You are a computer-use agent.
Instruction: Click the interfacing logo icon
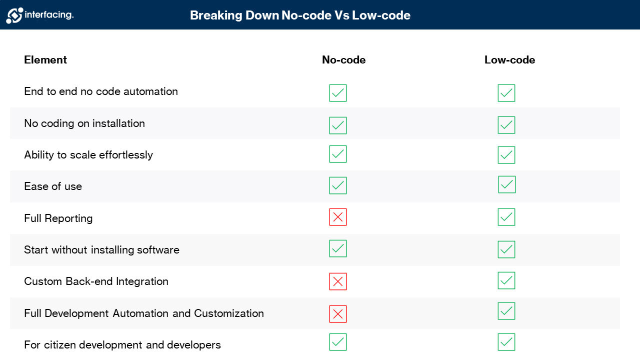14,15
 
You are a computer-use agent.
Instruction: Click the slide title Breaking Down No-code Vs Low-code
300,15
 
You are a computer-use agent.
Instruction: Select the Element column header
45,60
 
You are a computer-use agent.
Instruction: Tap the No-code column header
343,60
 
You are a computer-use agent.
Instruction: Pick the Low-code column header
509,60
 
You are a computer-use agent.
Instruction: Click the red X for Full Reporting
338,217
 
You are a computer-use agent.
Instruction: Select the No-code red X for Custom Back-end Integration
338,281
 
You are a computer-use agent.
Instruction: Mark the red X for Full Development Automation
338,314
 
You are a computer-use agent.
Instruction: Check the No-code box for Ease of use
338,185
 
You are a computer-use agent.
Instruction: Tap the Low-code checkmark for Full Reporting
506,217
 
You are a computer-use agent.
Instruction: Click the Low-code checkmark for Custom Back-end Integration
506,280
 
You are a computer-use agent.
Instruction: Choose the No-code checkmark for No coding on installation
338,125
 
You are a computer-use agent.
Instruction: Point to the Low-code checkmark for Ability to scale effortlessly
506,155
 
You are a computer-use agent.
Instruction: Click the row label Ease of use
53,186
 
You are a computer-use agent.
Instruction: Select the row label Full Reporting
58,218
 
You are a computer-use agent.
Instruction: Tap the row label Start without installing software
101,250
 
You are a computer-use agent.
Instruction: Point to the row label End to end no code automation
101,91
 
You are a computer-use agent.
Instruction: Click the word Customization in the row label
229,313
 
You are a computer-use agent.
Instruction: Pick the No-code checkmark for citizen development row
338,342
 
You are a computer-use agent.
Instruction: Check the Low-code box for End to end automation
506,93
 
